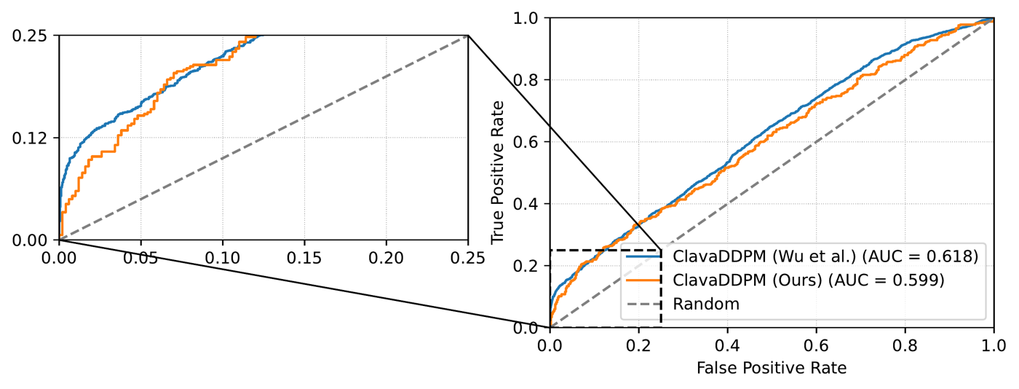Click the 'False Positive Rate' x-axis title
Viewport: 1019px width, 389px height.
pos(772,368)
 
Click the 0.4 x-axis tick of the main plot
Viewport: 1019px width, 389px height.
pos(728,345)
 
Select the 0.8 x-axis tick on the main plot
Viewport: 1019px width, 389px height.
pos(905,345)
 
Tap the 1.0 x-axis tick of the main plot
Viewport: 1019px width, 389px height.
pos(994,345)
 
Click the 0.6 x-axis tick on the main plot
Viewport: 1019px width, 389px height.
pos(817,345)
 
